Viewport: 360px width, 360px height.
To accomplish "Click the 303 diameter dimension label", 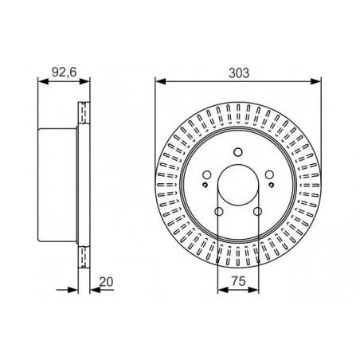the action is [239, 73].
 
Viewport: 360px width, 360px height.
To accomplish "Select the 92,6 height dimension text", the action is [64, 72].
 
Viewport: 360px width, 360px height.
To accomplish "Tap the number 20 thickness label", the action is [106, 282].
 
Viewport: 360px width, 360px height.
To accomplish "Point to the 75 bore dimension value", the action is [238, 282].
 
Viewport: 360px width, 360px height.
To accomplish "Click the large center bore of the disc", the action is [238, 185].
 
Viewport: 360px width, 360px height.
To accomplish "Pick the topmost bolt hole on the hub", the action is [238, 152].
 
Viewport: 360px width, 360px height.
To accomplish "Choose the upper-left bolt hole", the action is [207, 174].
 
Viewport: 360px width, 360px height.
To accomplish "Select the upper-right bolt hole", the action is [269, 174].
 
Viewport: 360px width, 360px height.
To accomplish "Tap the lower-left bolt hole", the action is [219, 212].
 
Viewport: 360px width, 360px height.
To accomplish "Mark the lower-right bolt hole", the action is [257, 212].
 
